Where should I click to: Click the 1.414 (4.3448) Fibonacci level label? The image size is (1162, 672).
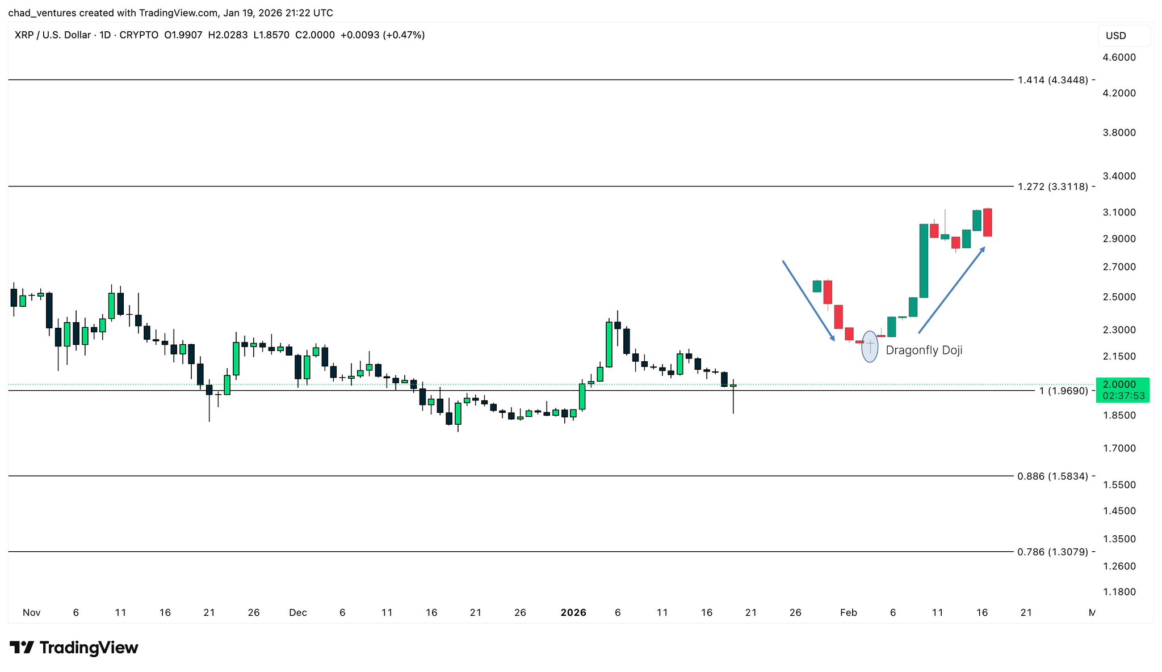coord(1052,80)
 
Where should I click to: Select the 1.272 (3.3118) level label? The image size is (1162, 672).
coord(1052,186)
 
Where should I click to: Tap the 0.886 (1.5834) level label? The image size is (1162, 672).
coord(1052,476)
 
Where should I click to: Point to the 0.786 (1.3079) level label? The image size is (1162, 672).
coord(1052,552)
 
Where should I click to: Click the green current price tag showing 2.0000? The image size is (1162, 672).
coord(1122,390)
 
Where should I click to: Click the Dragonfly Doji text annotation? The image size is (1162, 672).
coord(924,350)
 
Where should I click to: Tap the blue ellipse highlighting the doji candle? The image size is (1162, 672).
coord(870,347)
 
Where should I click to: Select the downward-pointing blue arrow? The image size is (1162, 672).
coord(808,301)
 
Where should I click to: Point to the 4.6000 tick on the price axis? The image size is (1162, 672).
coord(1119,57)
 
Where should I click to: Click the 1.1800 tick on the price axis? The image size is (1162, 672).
coord(1119,592)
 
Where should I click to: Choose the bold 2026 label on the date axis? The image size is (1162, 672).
coord(573,612)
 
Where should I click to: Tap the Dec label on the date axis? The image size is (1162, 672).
coord(297,612)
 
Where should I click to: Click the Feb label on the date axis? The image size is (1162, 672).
coord(848,612)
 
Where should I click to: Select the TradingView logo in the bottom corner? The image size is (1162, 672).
coord(74,648)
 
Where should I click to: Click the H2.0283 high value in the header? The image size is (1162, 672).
coord(228,35)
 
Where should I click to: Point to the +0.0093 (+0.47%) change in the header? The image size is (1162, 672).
coord(382,35)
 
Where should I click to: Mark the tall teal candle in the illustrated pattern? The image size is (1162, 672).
coord(924,261)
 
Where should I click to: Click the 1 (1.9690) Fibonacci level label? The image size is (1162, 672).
coord(1063,391)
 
